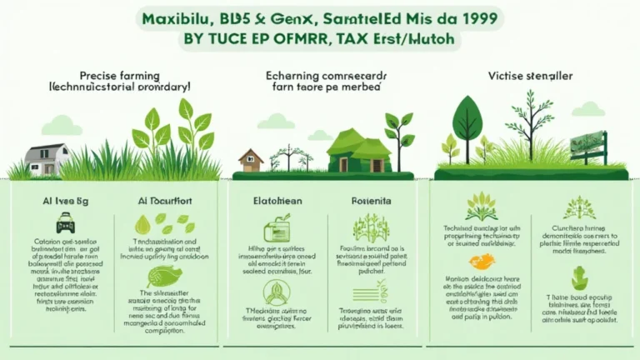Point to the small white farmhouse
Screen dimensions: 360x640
47,159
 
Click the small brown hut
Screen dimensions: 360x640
251,159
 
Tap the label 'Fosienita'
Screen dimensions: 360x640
365,201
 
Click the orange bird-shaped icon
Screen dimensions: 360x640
482,262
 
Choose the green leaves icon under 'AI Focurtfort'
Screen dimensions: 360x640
163,223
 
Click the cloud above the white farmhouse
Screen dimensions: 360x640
62,125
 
